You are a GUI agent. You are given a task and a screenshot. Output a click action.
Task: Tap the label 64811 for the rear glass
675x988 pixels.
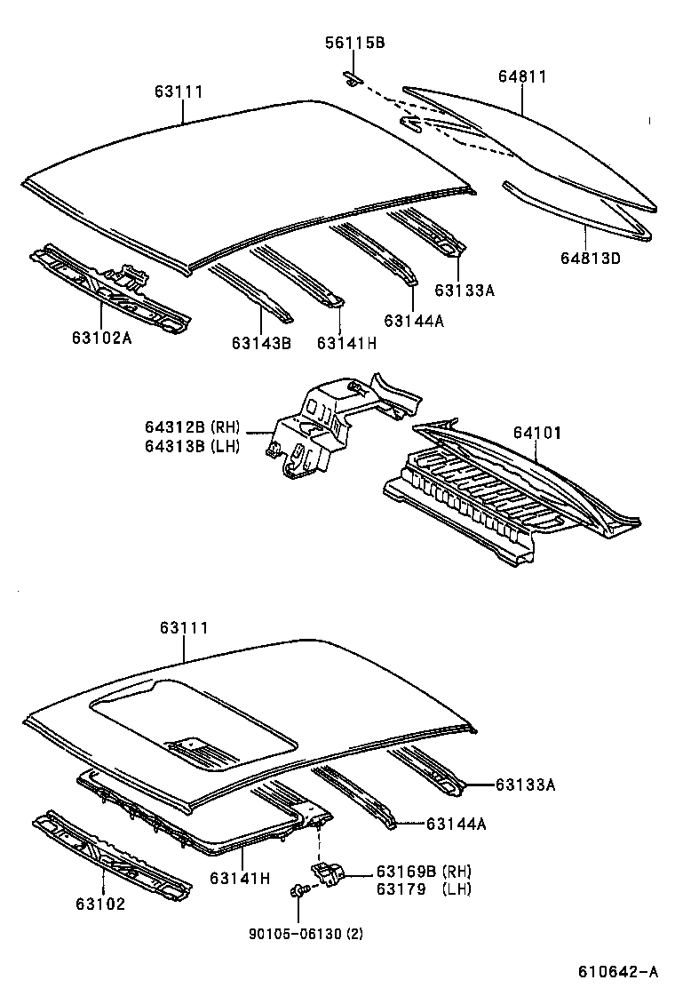pyautogui.click(x=521, y=77)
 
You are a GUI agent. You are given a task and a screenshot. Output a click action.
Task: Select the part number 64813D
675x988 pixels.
pyautogui.click(x=591, y=258)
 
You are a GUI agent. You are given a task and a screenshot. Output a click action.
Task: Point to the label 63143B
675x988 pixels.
pyautogui.click(x=261, y=343)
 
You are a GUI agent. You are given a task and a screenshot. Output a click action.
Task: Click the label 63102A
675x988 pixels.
pyautogui.click(x=101, y=337)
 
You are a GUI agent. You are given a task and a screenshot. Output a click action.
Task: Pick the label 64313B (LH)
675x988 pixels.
pyautogui.click(x=192, y=446)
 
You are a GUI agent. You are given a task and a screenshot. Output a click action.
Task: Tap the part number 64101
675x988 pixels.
pyautogui.click(x=536, y=433)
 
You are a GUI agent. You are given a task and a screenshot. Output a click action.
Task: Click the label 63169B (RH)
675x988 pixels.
pyautogui.click(x=423, y=871)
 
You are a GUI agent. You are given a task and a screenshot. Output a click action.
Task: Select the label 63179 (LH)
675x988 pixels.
pyautogui.click(x=423, y=888)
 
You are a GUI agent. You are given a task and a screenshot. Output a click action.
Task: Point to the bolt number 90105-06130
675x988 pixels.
pyautogui.click(x=292, y=932)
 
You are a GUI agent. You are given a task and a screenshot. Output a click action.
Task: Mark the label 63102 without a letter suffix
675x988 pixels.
pyautogui.click(x=100, y=904)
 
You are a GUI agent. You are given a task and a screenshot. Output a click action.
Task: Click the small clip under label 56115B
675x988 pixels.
pyautogui.click(x=353, y=80)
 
